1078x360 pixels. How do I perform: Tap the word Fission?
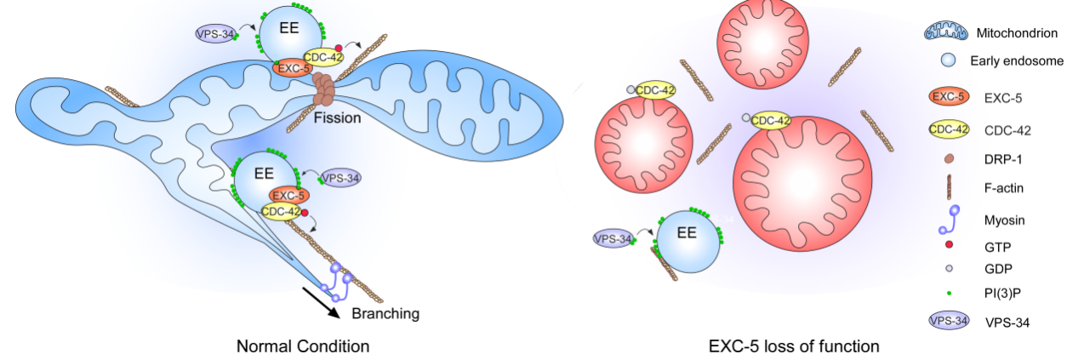point(337,117)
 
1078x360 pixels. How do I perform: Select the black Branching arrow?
point(322,306)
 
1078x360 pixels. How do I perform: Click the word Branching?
point(385,313)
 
